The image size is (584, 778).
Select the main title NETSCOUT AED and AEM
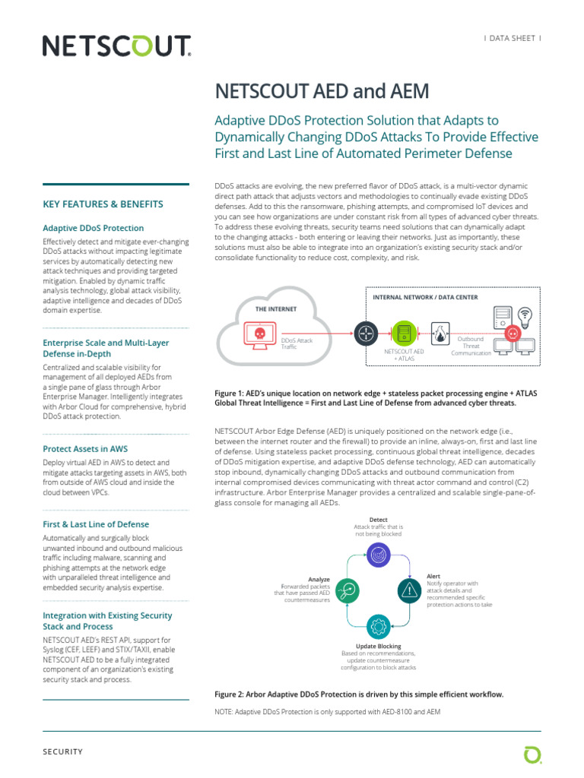coord(323,91)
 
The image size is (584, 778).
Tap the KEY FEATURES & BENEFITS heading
coord(103,204)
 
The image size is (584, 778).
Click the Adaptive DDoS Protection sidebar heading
coord(93,228)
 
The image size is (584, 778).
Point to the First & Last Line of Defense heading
coord(96,524)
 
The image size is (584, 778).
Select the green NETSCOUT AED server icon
coord(403,333)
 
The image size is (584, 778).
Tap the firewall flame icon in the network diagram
coord(440,332)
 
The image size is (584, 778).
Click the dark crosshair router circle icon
coord(366,333)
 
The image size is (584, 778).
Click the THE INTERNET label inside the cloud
coord(276,309)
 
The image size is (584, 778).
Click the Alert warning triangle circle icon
coord(410,590)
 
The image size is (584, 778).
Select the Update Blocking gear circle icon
coord(378,627)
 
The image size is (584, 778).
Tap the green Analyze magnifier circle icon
coord(346,590)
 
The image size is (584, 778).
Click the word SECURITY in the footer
coord(62,751)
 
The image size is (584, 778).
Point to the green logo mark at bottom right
coord(532,754)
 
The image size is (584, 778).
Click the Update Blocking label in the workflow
coord(378,647)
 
